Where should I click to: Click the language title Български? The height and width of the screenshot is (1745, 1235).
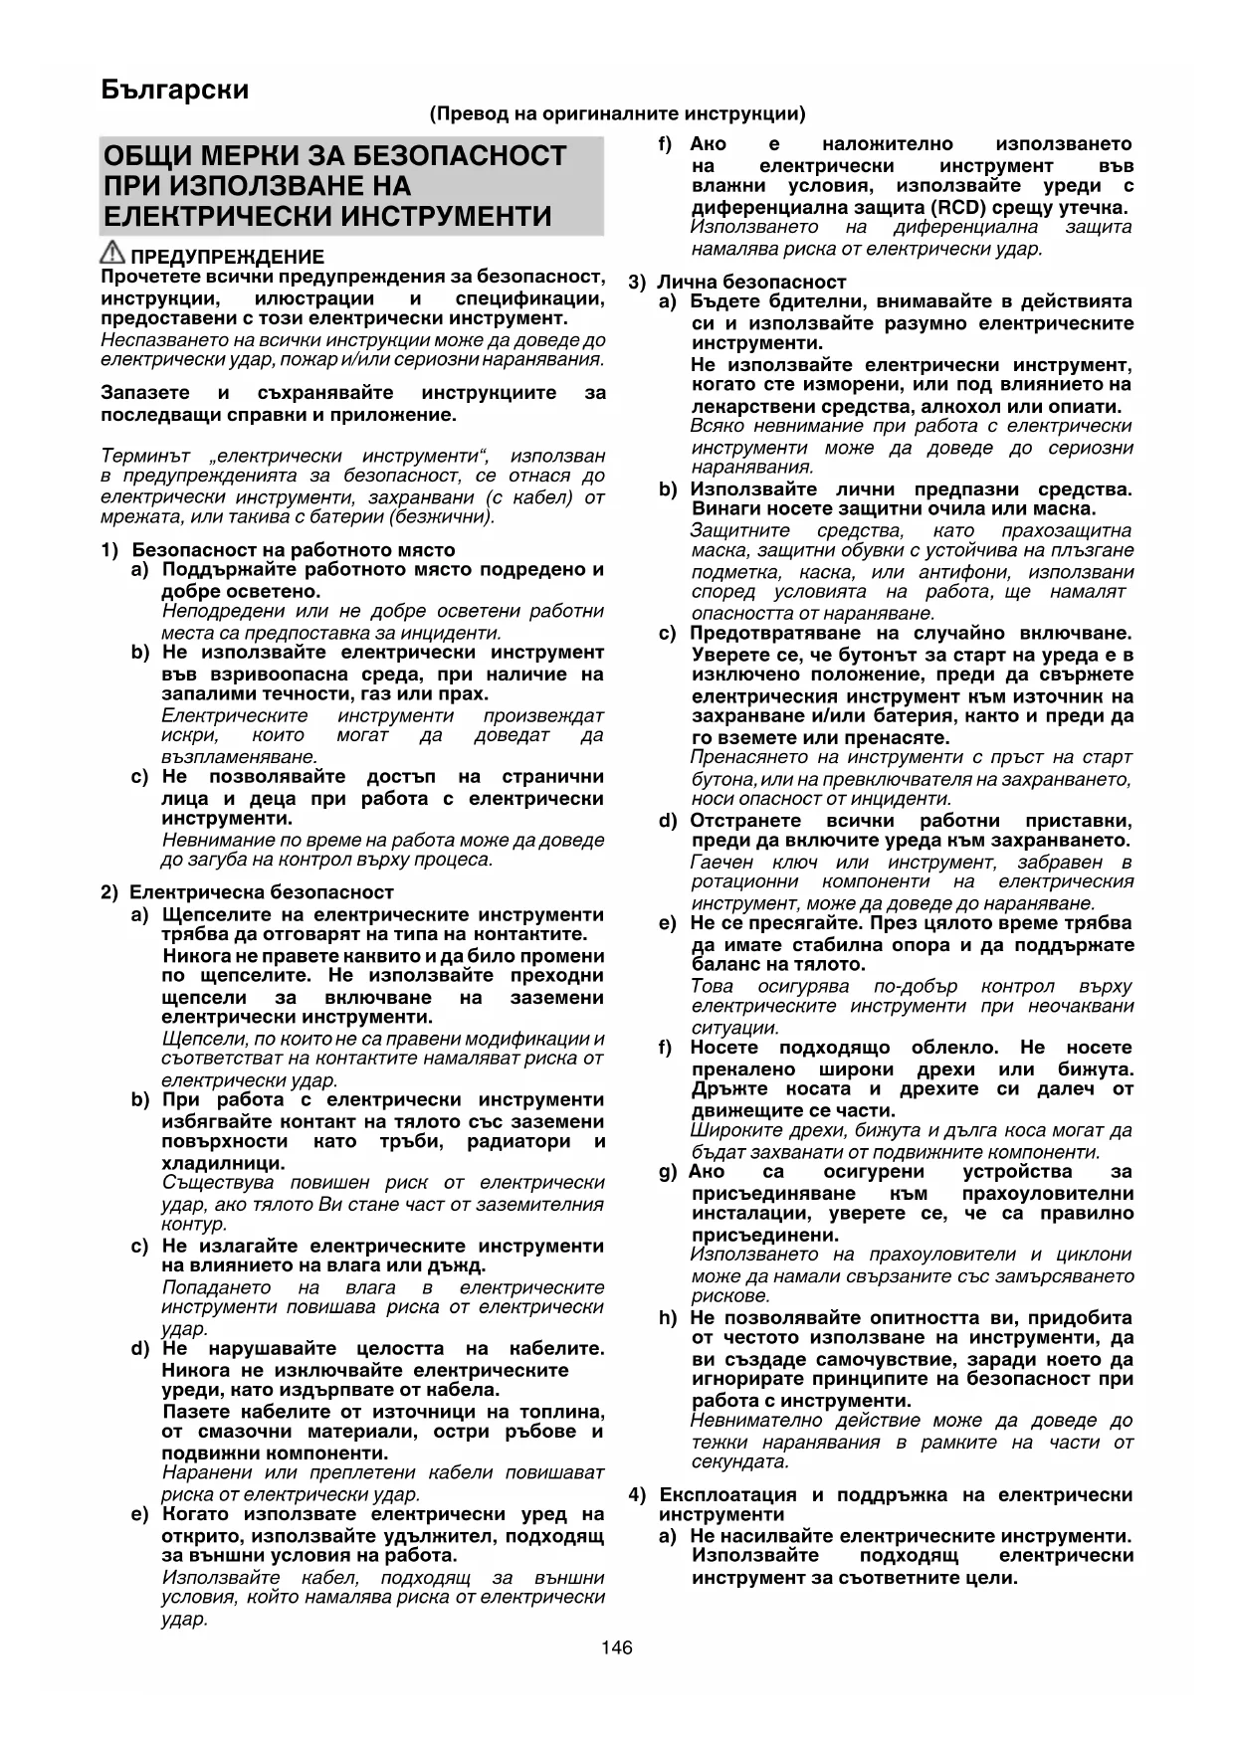[x=175, y=91]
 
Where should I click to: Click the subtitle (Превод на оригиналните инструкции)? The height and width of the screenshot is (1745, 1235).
[x=617, y=114]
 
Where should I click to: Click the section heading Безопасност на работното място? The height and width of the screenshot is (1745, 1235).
[x=293, y=550]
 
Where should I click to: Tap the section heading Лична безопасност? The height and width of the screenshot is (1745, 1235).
[x=751, y=283]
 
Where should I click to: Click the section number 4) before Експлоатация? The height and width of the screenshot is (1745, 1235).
[x=638, y=1495]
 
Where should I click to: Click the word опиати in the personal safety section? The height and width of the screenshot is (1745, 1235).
[x=1090, y=406]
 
